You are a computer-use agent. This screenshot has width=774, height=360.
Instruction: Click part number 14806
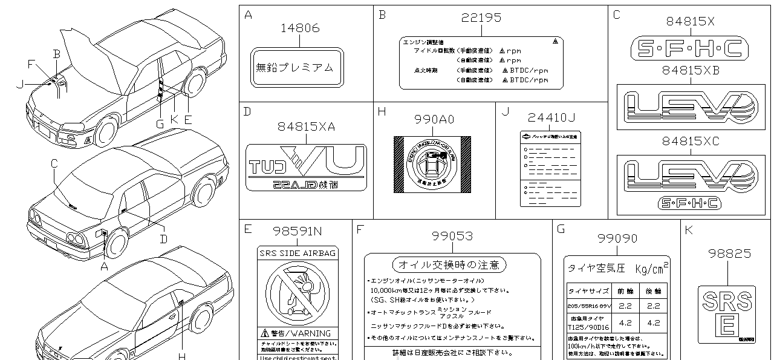pos(301,28)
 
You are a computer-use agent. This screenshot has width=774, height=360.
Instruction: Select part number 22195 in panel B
pos(481,18)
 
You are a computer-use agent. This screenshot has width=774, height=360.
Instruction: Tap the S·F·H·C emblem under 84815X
pos(686,47)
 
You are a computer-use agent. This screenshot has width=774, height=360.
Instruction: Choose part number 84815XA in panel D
pos(306,126)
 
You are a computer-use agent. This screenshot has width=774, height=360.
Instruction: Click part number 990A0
pos(433,120)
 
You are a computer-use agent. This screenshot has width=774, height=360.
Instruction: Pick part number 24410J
pos(551,116)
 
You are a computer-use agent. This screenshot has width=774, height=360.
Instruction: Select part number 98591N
pos(297,231)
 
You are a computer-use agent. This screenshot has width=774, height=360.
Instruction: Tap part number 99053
pos(452,236)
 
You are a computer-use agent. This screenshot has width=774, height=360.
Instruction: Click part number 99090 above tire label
pos(617,238)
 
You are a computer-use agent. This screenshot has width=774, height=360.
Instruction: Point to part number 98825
pos(730,254)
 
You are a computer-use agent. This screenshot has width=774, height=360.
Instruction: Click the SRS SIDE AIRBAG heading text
pos(297,253)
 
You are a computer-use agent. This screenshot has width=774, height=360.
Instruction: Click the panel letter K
pos(688,230)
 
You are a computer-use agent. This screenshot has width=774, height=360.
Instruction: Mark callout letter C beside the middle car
pos(54,162)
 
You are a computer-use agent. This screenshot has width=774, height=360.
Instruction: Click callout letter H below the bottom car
pos(180,355)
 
